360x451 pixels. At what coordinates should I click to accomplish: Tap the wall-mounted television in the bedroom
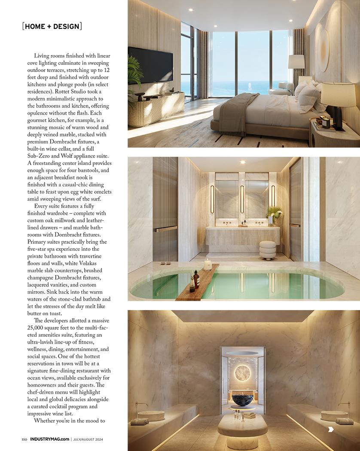coord(150,65)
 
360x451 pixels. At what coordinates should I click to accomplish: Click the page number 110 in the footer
coord(24,439)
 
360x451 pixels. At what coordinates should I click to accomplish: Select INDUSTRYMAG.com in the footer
coord(49,439)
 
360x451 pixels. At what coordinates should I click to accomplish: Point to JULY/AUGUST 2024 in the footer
coord(88,439)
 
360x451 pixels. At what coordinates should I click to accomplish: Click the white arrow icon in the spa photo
coord(331,429)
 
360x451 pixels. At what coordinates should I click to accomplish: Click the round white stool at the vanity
coord(267,250)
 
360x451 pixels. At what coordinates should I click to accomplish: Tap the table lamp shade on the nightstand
coord(338,94)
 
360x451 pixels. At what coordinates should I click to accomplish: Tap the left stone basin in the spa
coord(151,415)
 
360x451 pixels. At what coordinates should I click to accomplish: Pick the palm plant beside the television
coord(135,75)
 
